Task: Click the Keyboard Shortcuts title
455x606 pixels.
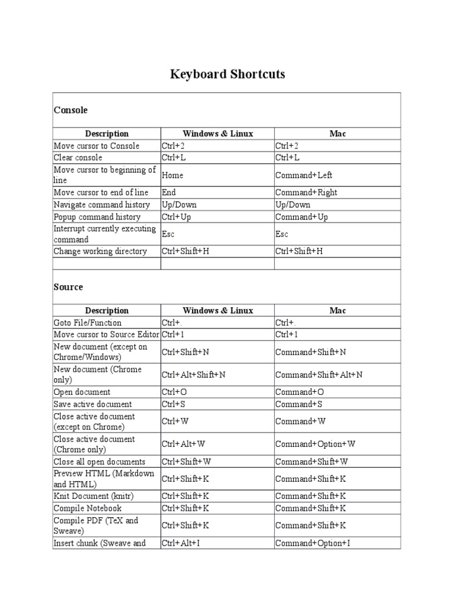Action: point(227,75)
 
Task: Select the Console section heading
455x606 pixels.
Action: point(71,110)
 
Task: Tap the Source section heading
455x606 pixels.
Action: point(68,287)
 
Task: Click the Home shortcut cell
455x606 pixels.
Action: point(172,175)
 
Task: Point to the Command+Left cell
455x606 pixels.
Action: point(304,175)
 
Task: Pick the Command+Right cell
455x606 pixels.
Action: point(306,192)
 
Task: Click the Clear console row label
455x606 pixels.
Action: point(78,157)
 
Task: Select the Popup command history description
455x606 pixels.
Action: point(97,217)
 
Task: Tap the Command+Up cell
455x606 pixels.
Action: point(302,217)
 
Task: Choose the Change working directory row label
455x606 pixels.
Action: point(100,252)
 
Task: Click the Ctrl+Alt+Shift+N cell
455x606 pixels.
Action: point(193,375)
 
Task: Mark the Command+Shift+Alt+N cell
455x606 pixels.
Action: point(319,375)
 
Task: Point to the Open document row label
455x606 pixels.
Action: point(82,392)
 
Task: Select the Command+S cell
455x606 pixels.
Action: point(300,404)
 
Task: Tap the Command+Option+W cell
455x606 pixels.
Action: point(315,444)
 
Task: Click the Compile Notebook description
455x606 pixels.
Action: point(88,508)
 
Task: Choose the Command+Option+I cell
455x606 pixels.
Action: point(312,543)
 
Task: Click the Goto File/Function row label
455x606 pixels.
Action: point(88,323)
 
